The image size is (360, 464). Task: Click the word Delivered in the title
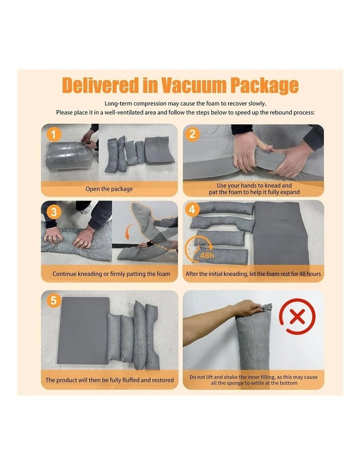pyautogui.click(x=100, y=85)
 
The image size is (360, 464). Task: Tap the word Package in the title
pyautogui.click(x=264, y=86)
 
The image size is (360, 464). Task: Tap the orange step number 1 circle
pyautogui.click(x=53, y=134)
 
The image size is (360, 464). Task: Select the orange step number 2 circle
pyautogui.click(x=192, y=134)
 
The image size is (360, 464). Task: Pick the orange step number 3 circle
pyautogui.click(x=53, y=212)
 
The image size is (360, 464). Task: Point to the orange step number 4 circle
pyautogui.click(x=192, y=209)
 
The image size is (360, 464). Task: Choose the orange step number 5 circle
pyautogui.click(x=53, y=300)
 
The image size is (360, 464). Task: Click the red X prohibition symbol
pyautogui.click(x=297, y=316)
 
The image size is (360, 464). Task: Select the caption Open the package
pyautogui.click(x=109, y=189)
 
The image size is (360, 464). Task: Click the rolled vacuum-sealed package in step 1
pyautogui.click(x=68, y=156)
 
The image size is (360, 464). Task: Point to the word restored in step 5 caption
pyautogui.click(x=162, y=380)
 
